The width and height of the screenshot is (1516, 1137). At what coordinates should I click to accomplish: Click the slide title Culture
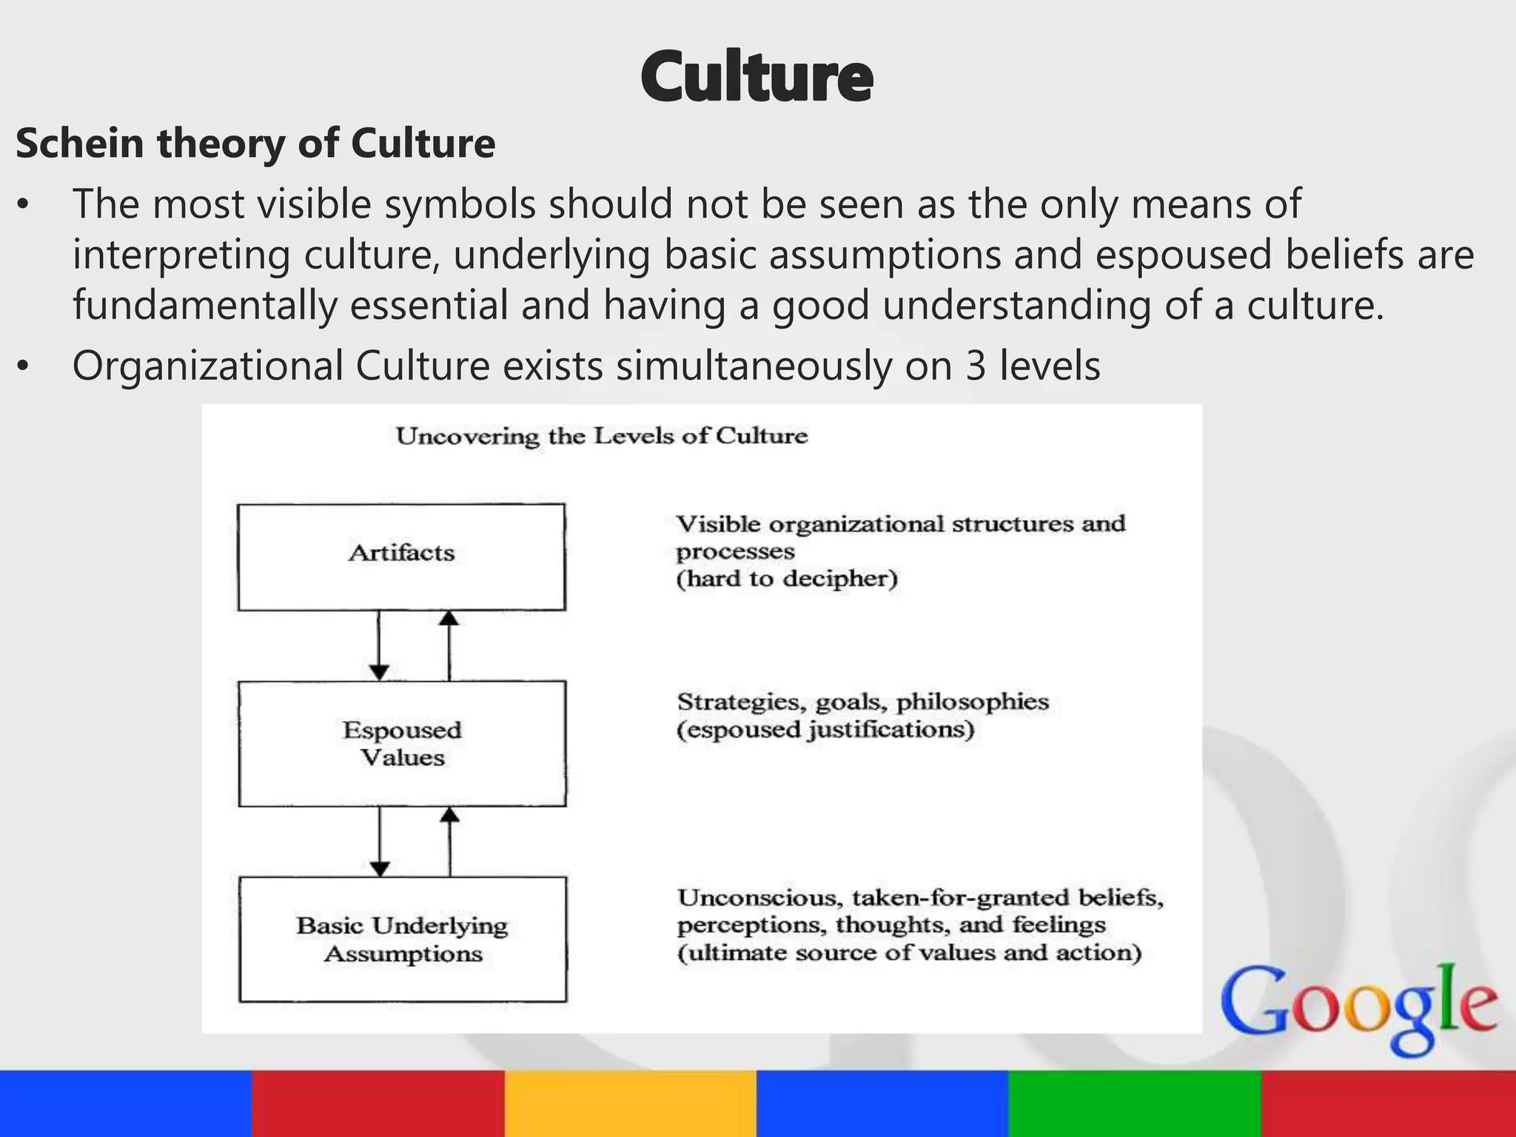pyautogui.click(x=757, y=77)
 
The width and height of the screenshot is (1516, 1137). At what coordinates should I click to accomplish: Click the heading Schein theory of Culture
pyautogui.click(x=255, y=143)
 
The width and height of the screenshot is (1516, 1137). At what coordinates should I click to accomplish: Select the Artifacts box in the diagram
pyautogui.click(x=401, y=557)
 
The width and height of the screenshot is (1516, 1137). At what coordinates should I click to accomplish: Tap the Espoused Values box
pyautogui.click(x=402, y=743)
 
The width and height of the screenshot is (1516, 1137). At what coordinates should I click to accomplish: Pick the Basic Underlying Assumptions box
pyautogui.click(x=403, y=939)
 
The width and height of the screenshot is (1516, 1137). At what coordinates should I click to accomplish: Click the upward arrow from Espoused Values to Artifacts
pyautogui.click(x=449, y=645)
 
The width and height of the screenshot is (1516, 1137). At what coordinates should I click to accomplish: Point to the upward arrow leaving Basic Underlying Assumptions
pyautogui.click(x=450, y=842)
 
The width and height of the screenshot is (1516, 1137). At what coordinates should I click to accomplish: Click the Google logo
pyautogui.click(x=1358, y=1007)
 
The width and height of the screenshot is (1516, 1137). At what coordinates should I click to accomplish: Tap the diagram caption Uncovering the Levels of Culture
pyautogui.click(x=601, y=436)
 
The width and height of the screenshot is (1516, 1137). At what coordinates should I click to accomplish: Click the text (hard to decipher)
pyautogui.click(x=786, y=578)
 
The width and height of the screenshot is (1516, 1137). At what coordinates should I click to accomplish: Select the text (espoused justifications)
pyautogui.click(x=825, y=730)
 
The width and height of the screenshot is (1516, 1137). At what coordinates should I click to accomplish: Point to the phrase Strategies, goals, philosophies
pyautogui.click(x=863, y=702)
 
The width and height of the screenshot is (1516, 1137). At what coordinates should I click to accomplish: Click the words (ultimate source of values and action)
pyautogui.click(x=909, y=952)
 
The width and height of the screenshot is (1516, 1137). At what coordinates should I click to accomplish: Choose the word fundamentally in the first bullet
pyautogui.click(x=204, y=305)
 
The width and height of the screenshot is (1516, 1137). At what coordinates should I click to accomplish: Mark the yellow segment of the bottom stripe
pyautogui.click(x=631, y=1104)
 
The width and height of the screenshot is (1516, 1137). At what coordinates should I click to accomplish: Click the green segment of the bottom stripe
pyautogui.click(x=1136, y=1104)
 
